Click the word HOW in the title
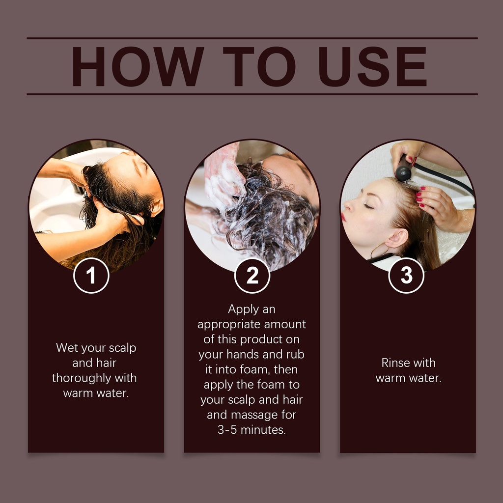[138, 66]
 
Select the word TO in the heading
[259, 66]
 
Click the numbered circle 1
[91, 276]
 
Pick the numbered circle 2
[252, 276]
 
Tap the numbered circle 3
[406, 276]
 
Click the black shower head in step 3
[404, 169]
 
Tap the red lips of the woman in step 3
[343, 217]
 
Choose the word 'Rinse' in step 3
[393, 363]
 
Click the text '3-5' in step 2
[227, 429]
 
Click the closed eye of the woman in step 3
[369, 206]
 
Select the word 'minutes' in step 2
[263, 429]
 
